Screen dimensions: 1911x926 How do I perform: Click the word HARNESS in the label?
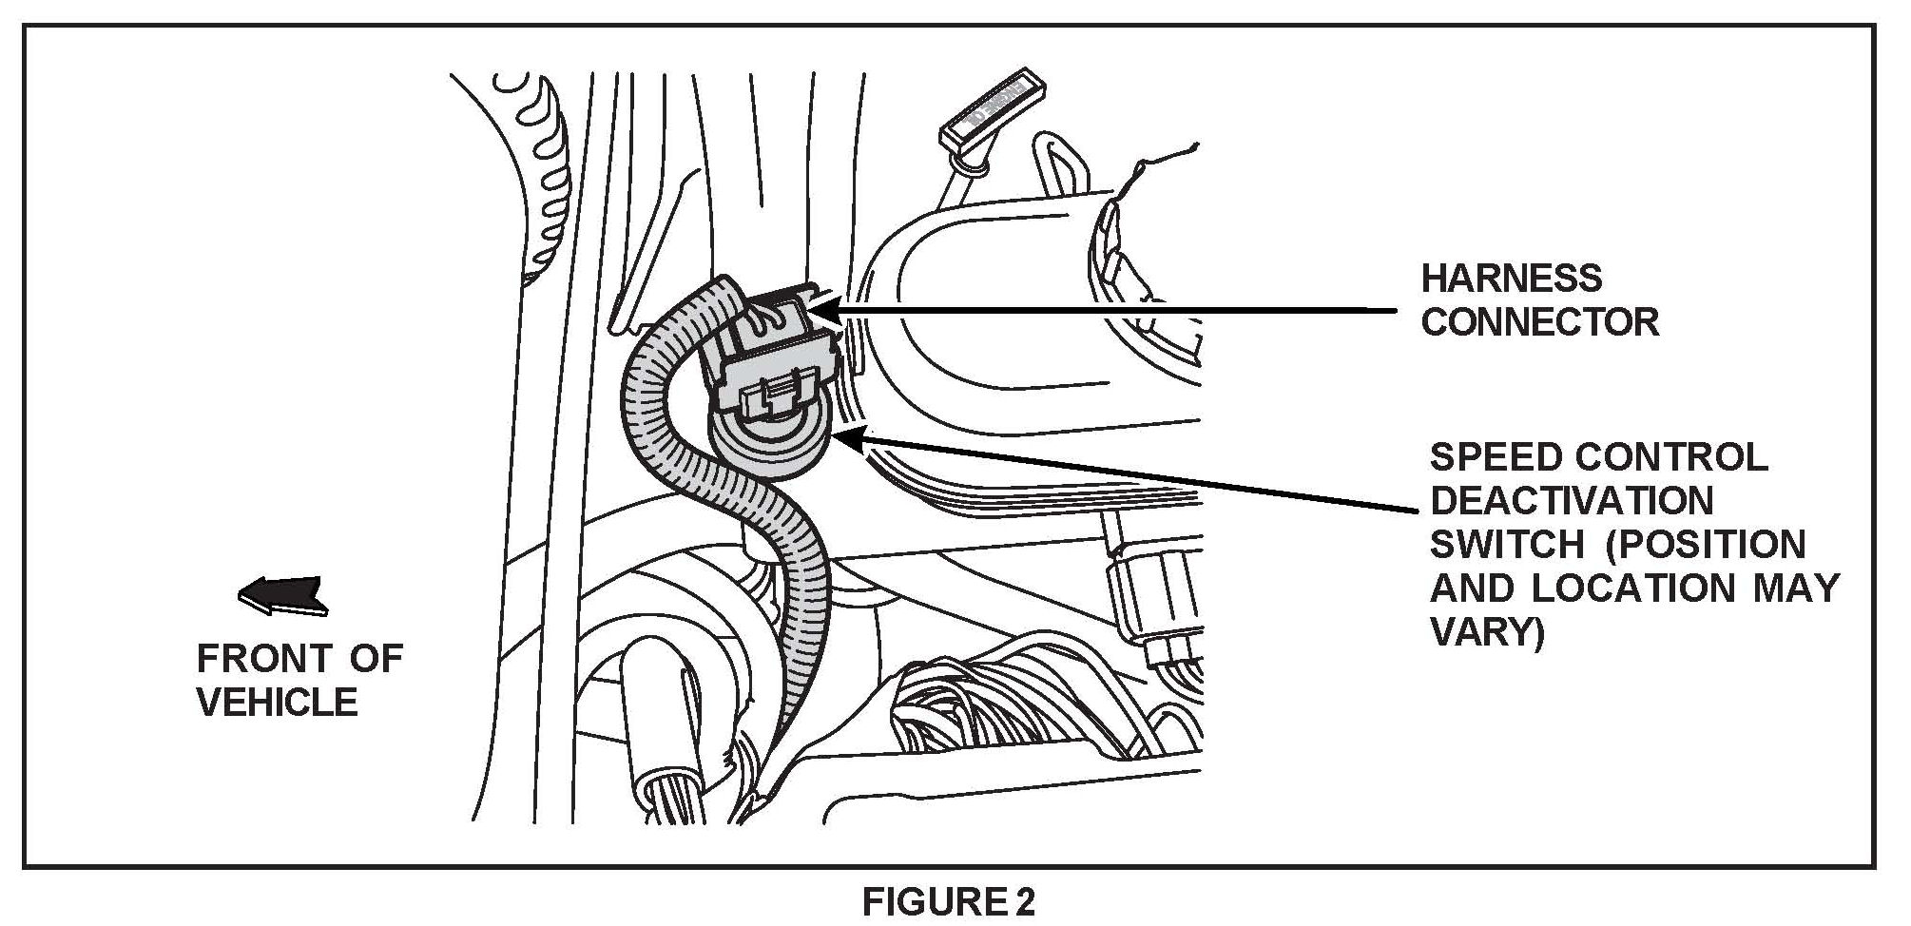click(1511, 279)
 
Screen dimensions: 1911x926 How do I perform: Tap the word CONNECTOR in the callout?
click(1539, 322)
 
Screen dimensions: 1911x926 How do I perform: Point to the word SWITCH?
click(1506, 545)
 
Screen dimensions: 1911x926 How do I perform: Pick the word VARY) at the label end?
click(1487, 631)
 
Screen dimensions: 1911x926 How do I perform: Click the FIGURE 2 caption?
click(948, 901)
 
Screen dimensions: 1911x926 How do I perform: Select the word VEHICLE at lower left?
click(277, 703)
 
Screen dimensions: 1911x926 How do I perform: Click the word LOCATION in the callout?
click(1633, 588)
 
